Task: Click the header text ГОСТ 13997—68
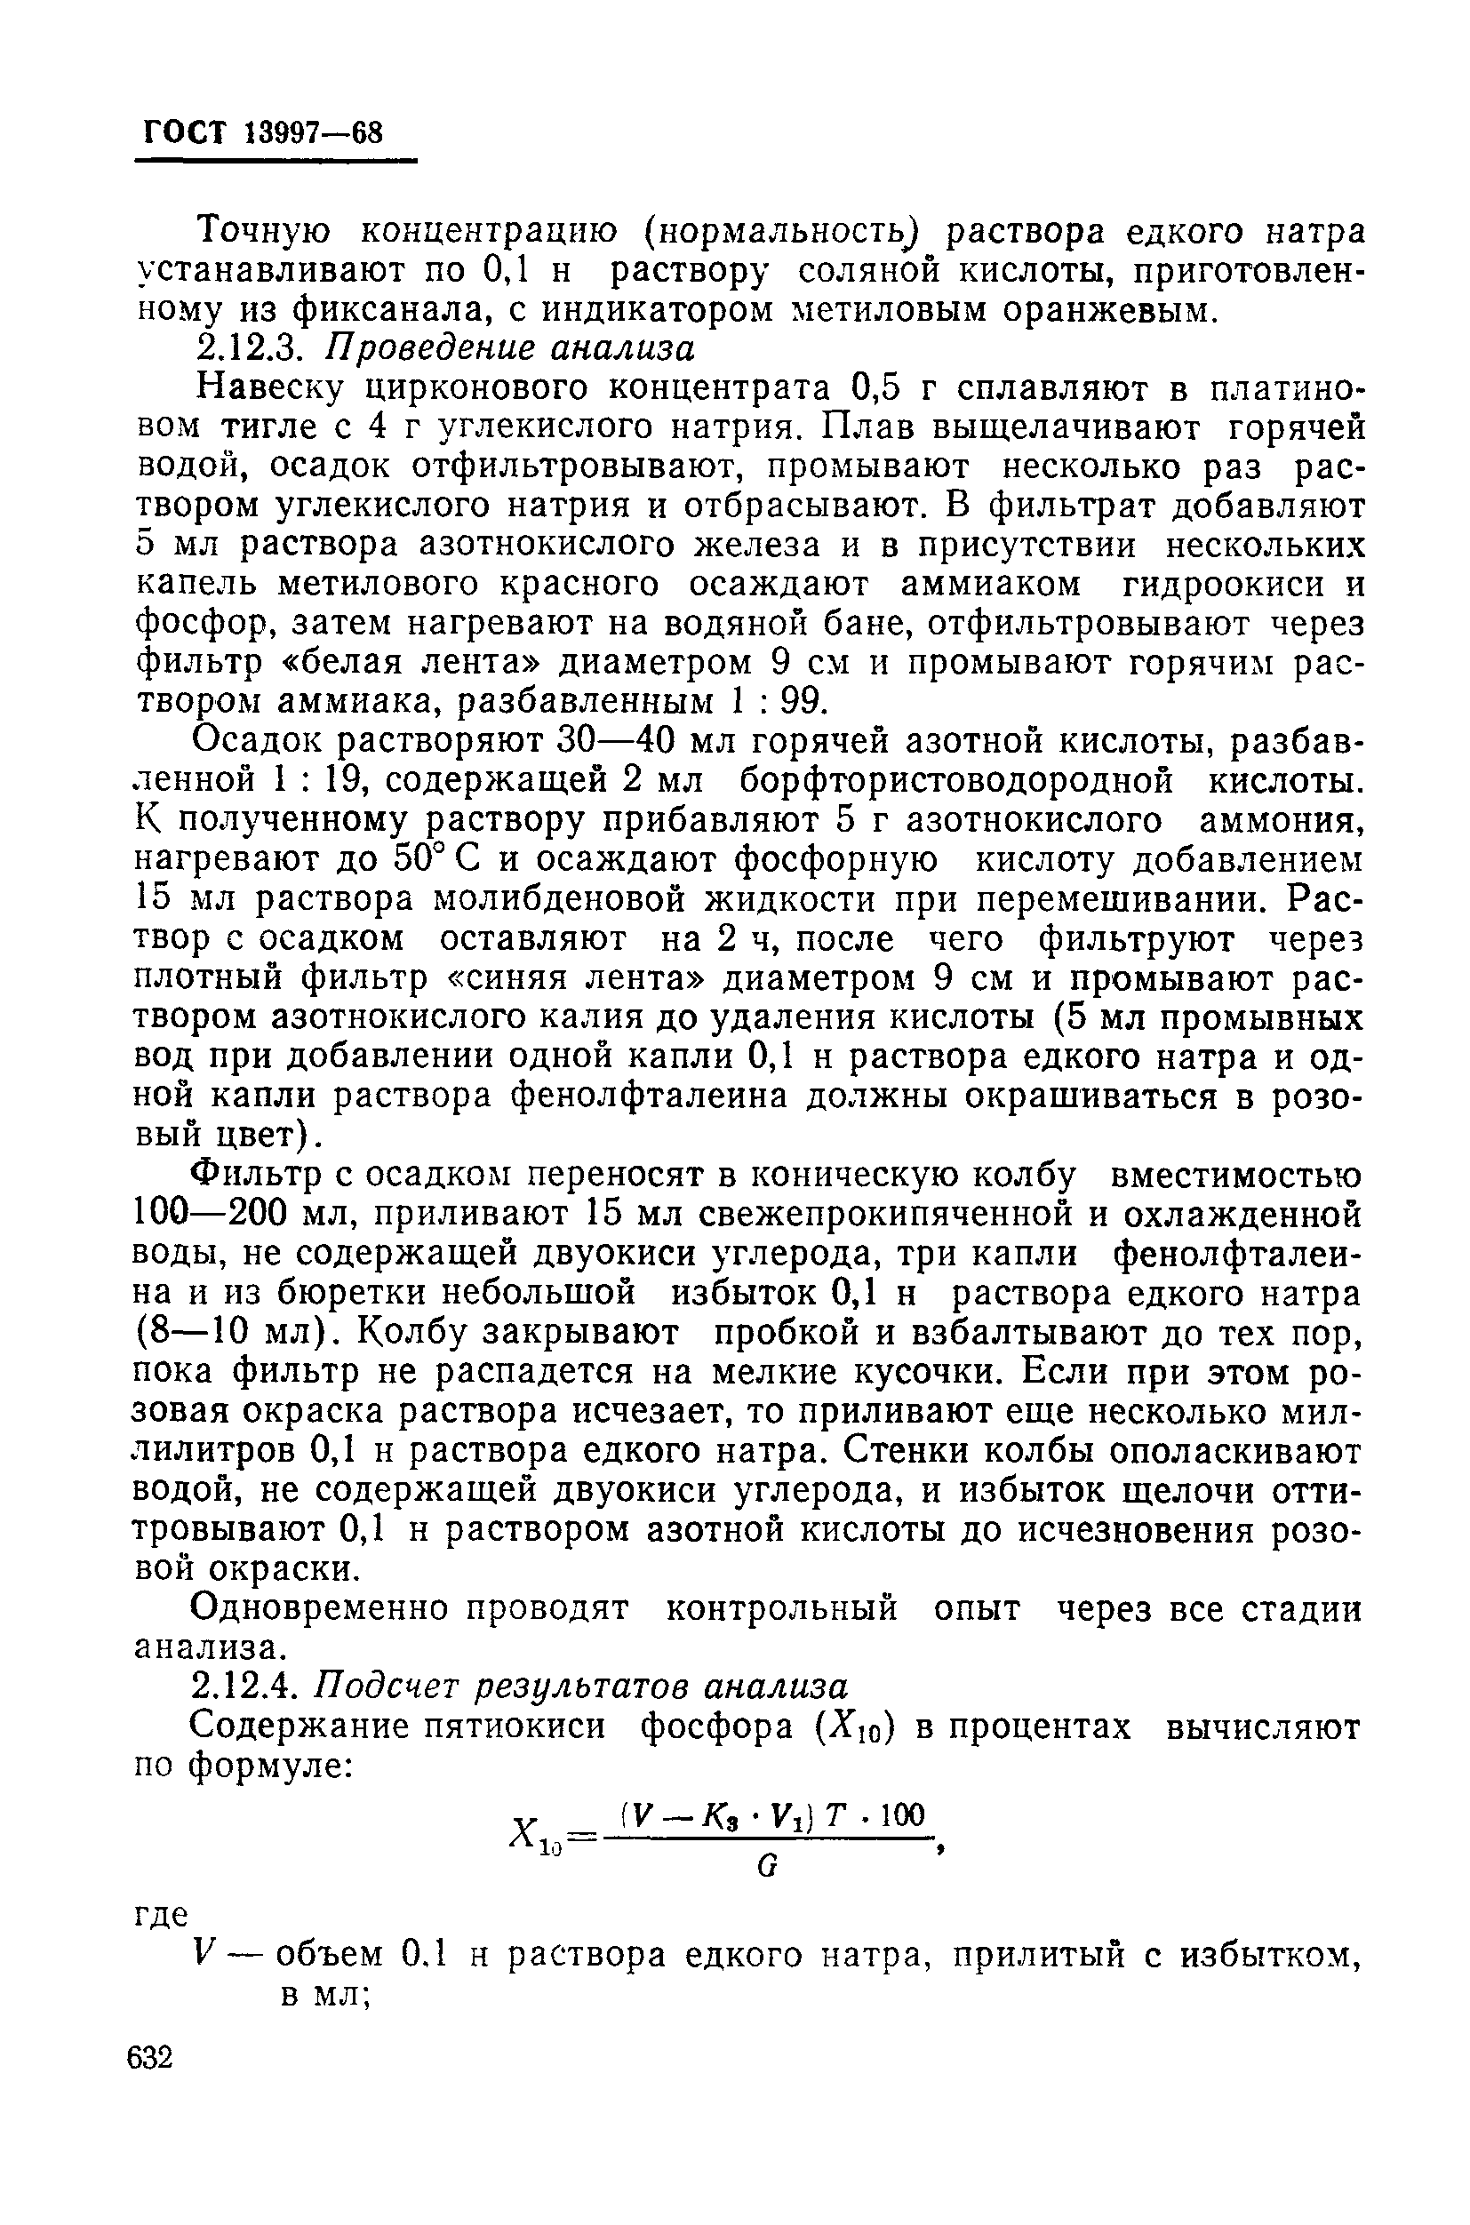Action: pos(263,132)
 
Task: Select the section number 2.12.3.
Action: pos(246,348)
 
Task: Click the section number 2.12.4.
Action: pos(246,1687)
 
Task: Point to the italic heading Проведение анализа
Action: pos(509,348)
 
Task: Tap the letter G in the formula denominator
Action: pos(766,1867)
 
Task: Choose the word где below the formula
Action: pos(161,1914)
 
